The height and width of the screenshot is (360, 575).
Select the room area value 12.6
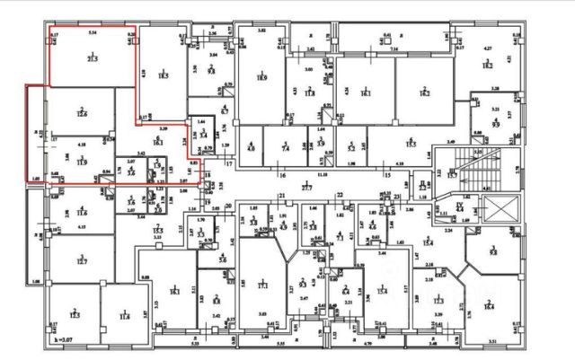[82, 114]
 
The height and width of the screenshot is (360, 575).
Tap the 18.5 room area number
[164, 77]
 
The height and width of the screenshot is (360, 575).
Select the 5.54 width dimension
[92, 32]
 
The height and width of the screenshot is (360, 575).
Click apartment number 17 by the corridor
[228, 164]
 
